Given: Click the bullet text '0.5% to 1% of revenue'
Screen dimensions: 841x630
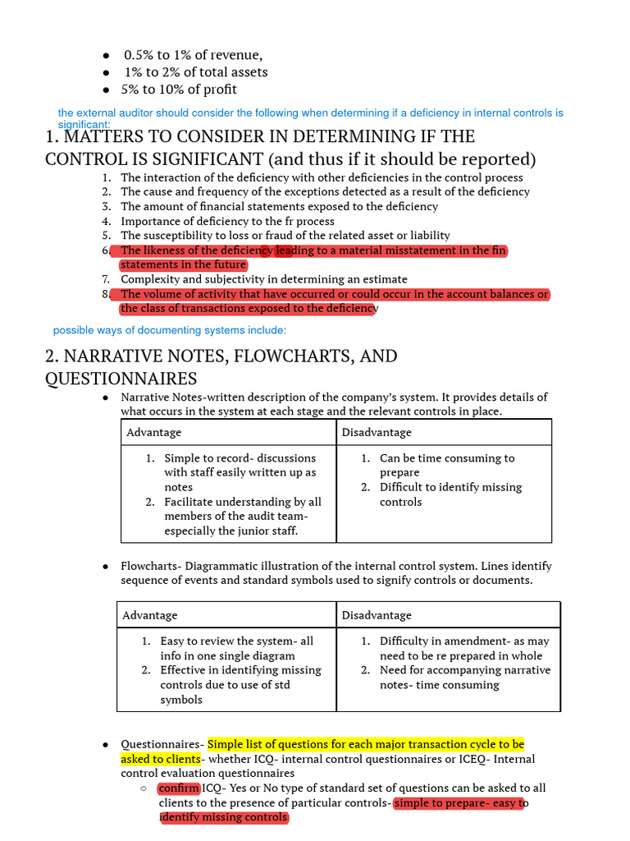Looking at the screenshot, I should tap(193, 55).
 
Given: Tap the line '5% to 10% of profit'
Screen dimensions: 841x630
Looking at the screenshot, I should tap(180, 90).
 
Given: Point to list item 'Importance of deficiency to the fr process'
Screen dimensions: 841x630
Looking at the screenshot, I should tap(227, 221).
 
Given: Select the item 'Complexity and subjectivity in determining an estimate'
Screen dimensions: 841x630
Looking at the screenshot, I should tap(263, 279).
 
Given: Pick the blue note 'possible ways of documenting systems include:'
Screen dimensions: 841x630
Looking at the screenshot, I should tap(170, 330).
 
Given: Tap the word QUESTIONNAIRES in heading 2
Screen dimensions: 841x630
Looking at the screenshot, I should tap(121, 378).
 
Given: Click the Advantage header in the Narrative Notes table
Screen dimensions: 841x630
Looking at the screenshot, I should tap(154, 432).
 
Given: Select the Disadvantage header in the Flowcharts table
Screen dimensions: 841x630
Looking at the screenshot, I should tap(377, 615).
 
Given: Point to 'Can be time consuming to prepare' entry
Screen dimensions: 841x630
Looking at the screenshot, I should tap(446, 465).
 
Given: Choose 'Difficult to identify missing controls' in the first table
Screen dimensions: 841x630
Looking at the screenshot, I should tap(450, 494).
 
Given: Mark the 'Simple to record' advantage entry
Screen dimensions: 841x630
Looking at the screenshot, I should tap(240, 458).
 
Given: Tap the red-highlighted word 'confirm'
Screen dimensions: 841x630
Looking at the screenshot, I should tap(178, 788).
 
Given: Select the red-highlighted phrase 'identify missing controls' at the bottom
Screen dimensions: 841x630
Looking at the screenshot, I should tap(223, 817).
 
